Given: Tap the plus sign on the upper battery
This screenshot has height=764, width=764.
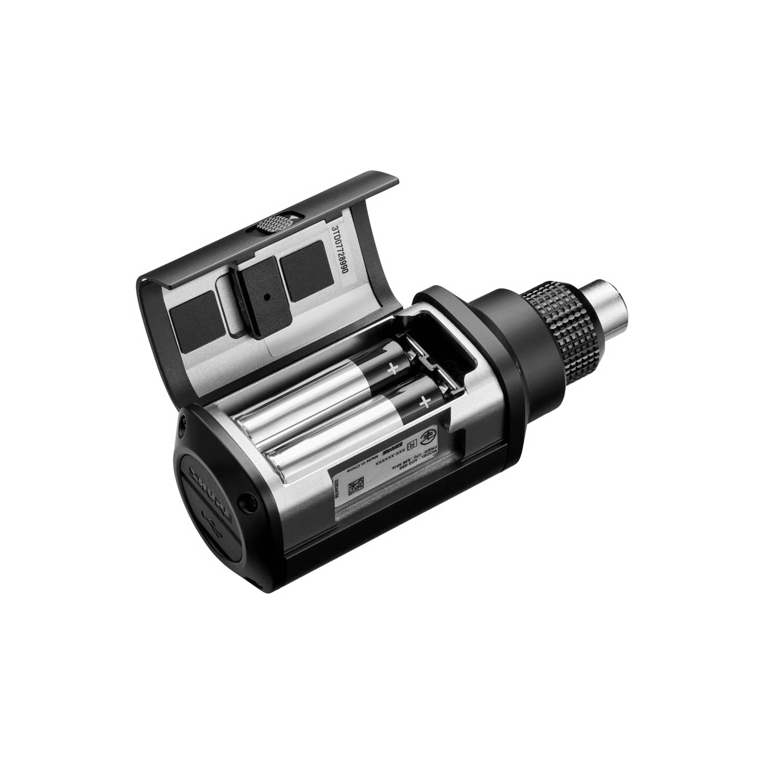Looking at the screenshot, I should point(393,367).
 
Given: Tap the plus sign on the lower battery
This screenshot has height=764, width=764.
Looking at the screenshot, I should point(425,402).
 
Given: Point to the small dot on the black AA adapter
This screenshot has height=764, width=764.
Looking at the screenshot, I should point(268,297).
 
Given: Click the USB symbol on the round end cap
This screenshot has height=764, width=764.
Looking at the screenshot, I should point(209,519).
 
